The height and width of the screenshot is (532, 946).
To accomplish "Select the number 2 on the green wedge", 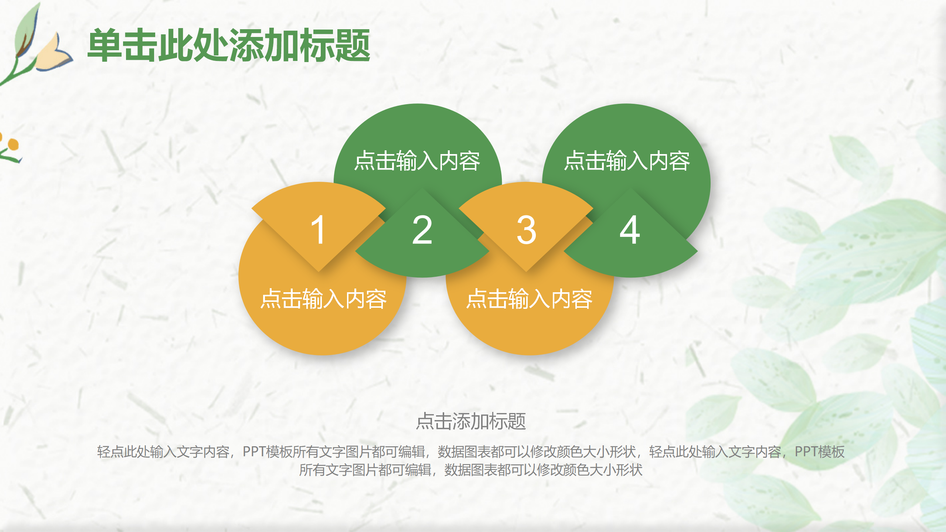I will pos(422,230).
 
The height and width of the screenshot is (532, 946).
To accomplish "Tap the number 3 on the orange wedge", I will pos(526,230).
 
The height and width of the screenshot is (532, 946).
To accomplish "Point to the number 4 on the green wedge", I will pos(630,230).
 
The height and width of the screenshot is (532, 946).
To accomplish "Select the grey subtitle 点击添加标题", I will pos(471,421).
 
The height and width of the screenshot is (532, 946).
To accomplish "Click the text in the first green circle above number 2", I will pos(417,161).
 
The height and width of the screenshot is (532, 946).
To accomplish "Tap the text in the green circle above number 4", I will pos(627,161).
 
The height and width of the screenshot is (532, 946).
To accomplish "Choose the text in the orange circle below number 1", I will pos(323,299).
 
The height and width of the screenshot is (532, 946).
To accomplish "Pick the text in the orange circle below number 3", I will pos(529,299).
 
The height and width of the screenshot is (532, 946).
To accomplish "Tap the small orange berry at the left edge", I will pos(13,144).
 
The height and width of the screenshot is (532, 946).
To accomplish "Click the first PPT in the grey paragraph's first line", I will pos(254,452).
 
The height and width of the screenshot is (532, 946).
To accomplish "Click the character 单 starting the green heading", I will pos(105,45).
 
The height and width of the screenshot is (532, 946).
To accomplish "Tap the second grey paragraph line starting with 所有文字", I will pos(471,470).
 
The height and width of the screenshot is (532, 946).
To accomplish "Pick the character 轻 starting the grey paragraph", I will pos(103,452).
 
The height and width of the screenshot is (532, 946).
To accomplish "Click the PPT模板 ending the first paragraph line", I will pos(820,452).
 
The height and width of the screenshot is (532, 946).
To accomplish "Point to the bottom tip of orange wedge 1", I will pos(319,271).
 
